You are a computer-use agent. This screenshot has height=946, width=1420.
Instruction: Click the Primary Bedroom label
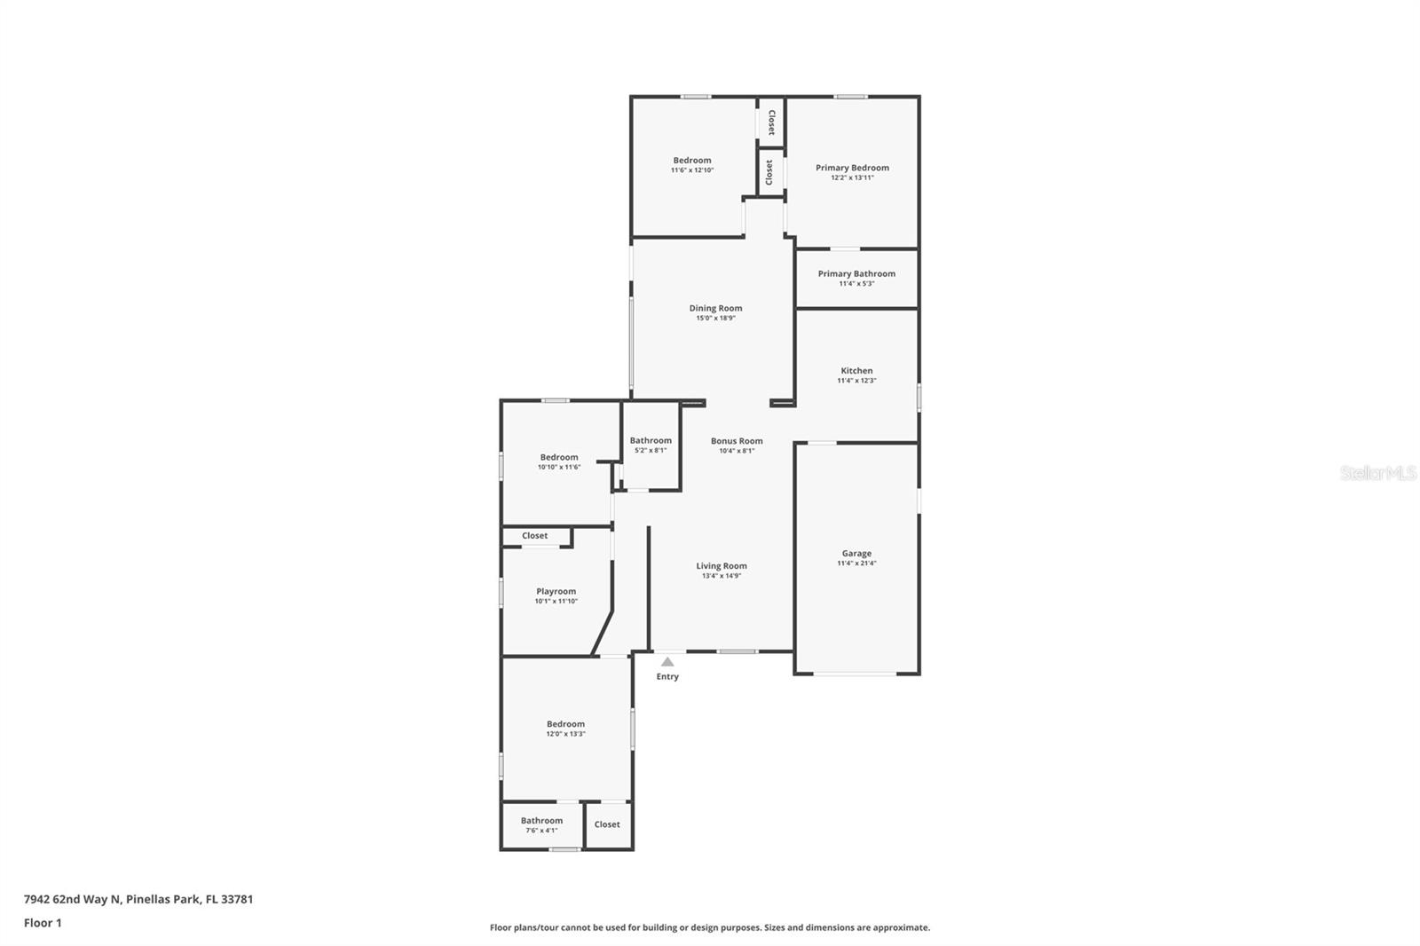point(852,168)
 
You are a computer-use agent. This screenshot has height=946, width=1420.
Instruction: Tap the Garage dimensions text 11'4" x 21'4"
point(856,564)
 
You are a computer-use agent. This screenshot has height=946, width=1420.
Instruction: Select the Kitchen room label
point(856,371)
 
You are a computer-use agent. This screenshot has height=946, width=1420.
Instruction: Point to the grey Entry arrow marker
point(667,662)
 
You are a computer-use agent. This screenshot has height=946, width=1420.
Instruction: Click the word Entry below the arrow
point(667,677)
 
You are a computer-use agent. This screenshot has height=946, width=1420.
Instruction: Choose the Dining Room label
point(715,309)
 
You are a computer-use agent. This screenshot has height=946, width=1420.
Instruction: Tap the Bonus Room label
point(737,441)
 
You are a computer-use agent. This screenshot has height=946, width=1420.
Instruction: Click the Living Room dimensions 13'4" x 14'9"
point(721,576)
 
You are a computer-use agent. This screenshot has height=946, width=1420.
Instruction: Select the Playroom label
point(556,592)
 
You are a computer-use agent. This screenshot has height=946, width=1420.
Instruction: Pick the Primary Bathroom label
point(856,274)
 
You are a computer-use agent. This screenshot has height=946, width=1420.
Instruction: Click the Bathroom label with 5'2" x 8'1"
point(651,441)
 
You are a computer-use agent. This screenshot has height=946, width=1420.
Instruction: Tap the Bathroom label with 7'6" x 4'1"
point(541,821)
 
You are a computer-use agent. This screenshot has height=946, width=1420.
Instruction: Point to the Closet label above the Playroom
point(534,536)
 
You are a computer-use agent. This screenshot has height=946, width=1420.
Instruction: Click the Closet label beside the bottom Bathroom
point(607,824)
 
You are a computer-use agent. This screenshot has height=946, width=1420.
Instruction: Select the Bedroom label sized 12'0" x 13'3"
point(565,724)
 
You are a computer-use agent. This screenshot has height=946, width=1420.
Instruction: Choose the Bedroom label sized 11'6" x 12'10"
point(691,161)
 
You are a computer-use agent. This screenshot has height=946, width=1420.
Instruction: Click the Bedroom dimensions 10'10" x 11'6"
point(559,468)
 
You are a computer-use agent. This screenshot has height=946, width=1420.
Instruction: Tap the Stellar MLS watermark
point(1377,473)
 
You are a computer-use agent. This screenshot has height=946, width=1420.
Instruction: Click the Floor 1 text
point(43,923)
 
